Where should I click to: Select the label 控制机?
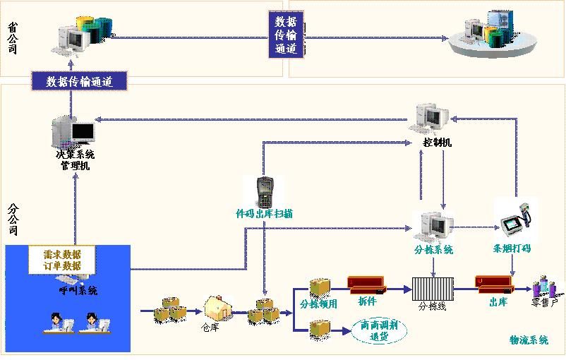tap(438, 143)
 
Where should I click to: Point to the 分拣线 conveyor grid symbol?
tap(431, 289)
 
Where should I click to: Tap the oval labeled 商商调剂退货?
tap(378, 332)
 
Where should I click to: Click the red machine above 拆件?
tap(367, 285)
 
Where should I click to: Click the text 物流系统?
tap(529, 340)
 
